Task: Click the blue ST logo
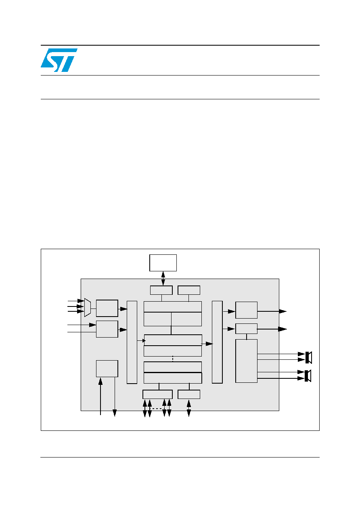(59, 60)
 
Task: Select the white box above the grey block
(163, 263)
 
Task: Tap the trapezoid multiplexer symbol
(88, 307)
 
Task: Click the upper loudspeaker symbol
(308, 357)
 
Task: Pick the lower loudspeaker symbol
(308, 376)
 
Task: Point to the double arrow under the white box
(163, 279)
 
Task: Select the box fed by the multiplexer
(107, 308)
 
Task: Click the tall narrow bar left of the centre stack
(132, 342)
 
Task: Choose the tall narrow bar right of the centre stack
(217, 342)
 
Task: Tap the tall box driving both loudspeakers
(246, 361)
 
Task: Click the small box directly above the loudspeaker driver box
(246, 329)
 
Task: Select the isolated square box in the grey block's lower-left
(107, 369)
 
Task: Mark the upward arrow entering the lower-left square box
(100, 396)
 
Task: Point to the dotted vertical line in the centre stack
(173, 359)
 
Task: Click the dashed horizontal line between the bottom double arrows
(157, 409)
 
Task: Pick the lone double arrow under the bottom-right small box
(188, 408)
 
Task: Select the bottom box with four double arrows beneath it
(157, 395)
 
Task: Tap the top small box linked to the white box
(161, 290)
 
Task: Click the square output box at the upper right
(246, 310)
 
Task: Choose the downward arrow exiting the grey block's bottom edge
(115, 397)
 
